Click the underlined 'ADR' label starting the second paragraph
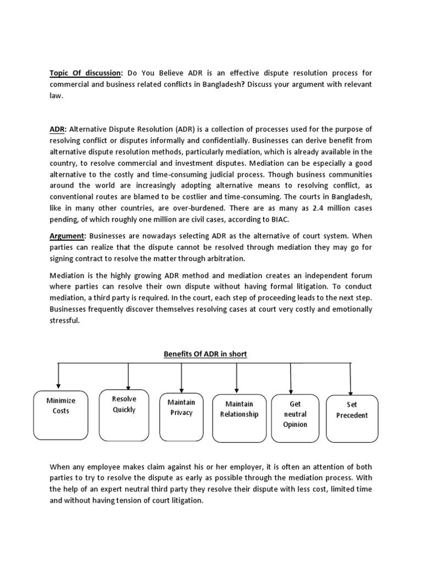pos(57,130)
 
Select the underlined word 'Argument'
pos(68,236)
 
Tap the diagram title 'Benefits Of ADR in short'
pos(205,354)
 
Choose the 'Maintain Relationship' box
pos(239,417)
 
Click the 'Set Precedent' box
pos(352,419)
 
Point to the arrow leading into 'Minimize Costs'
pos(58,379)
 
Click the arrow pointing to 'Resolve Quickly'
pos(128,378)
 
